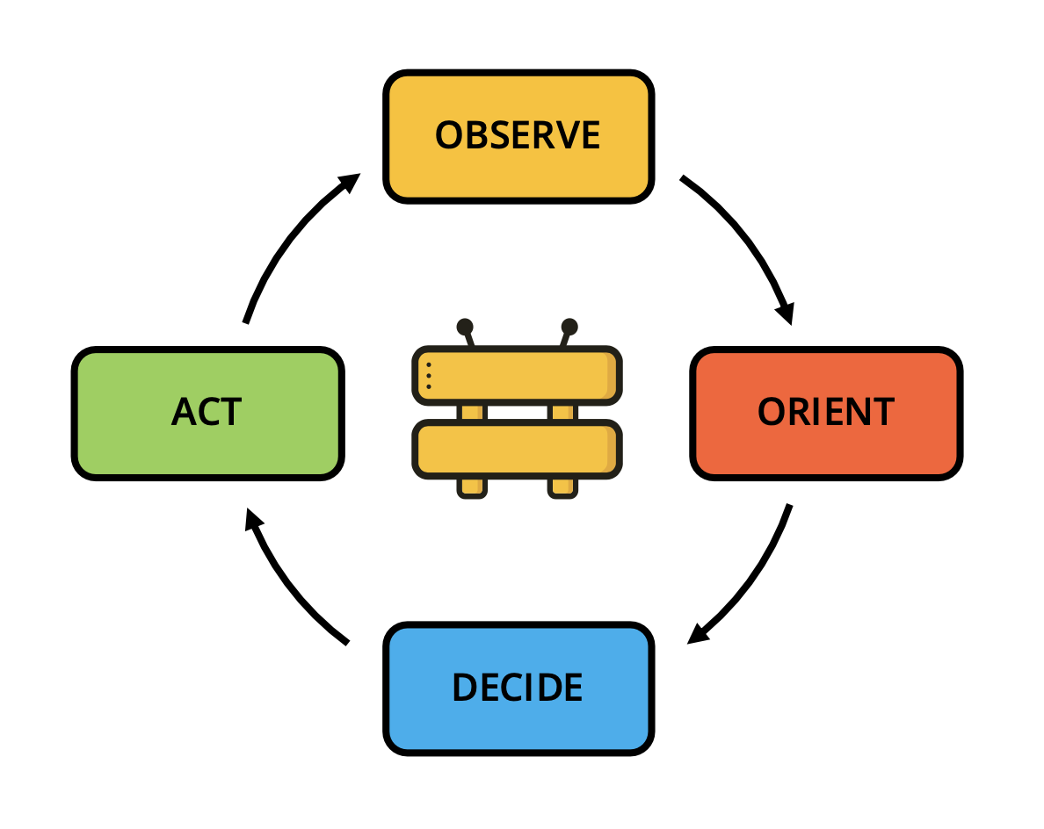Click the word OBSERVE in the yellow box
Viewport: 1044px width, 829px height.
point(518,135)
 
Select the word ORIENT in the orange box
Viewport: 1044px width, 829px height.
point(825,412)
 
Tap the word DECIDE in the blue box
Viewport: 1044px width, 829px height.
point(518,688)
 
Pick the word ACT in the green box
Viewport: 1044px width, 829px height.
point(207,412)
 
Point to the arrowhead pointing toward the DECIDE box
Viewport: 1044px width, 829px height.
point(698,634)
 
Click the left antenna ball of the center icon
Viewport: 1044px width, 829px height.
point(465,328)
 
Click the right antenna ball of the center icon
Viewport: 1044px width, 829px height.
point(569,328)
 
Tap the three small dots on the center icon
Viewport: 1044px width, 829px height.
point(429,375)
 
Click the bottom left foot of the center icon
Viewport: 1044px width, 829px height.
point(472,488)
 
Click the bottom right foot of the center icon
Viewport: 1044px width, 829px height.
point(562,488)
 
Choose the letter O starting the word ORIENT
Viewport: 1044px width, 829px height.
point(771,412)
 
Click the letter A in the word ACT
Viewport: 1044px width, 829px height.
point(184,412)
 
